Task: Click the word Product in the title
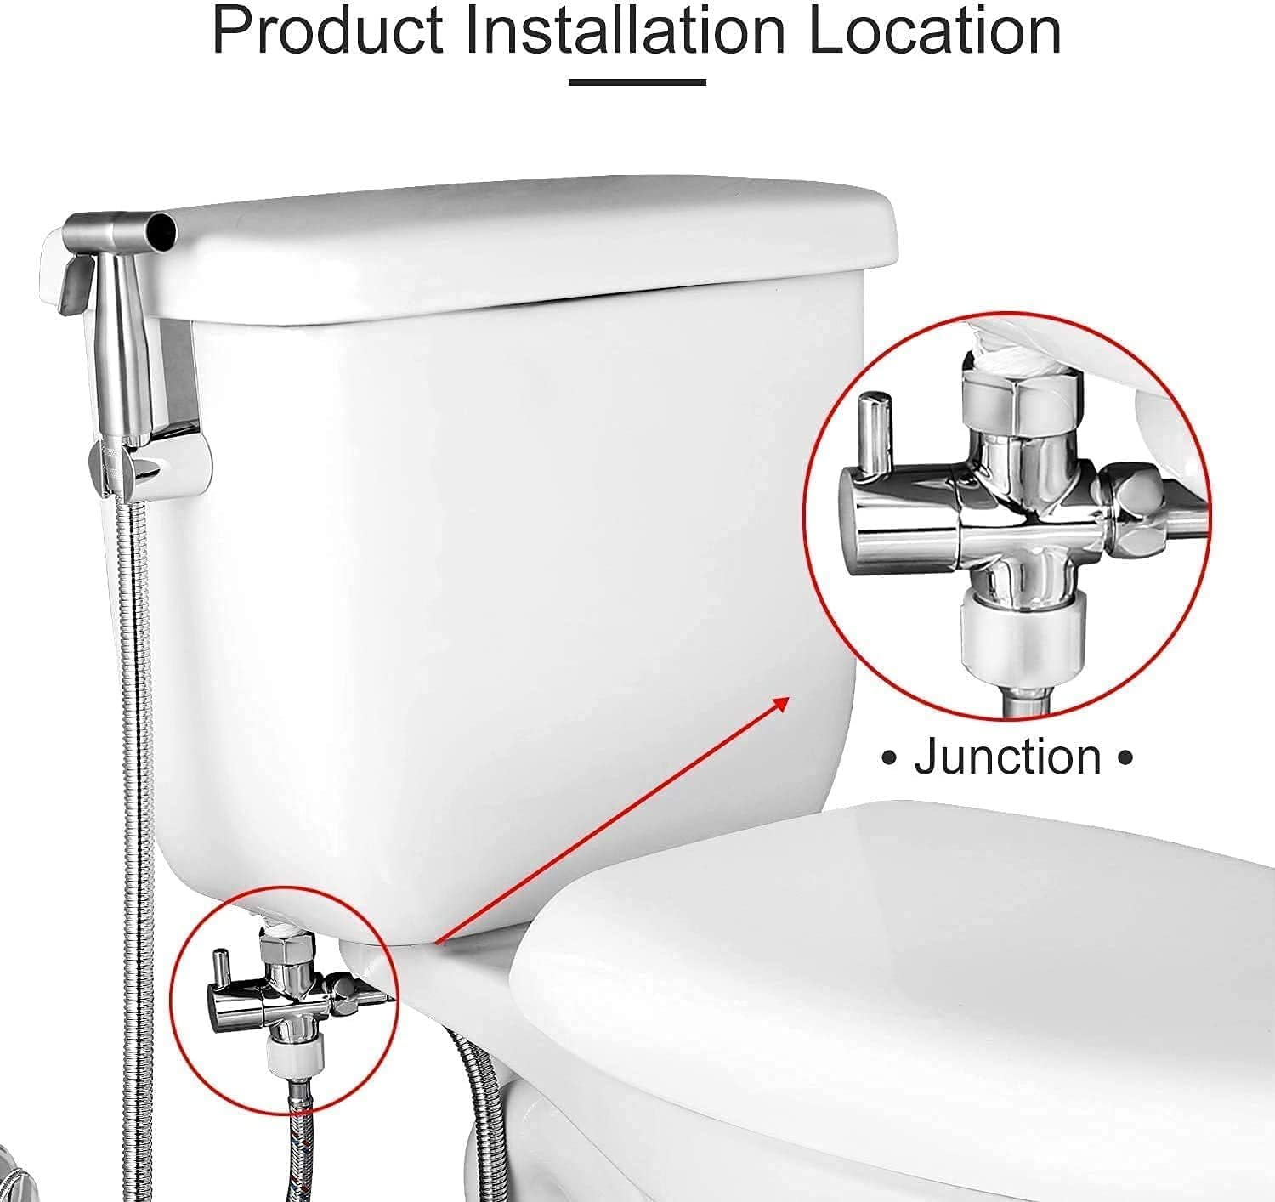(x=327, y=31)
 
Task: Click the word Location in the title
(x=933, y=31)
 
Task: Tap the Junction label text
(x=1007, y=757)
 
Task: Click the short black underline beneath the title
(x=637, y=82)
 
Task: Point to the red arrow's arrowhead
(x=779, y=705)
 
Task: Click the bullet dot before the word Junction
(x=890, y=757)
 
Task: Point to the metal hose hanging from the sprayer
(x=135, y=765)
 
